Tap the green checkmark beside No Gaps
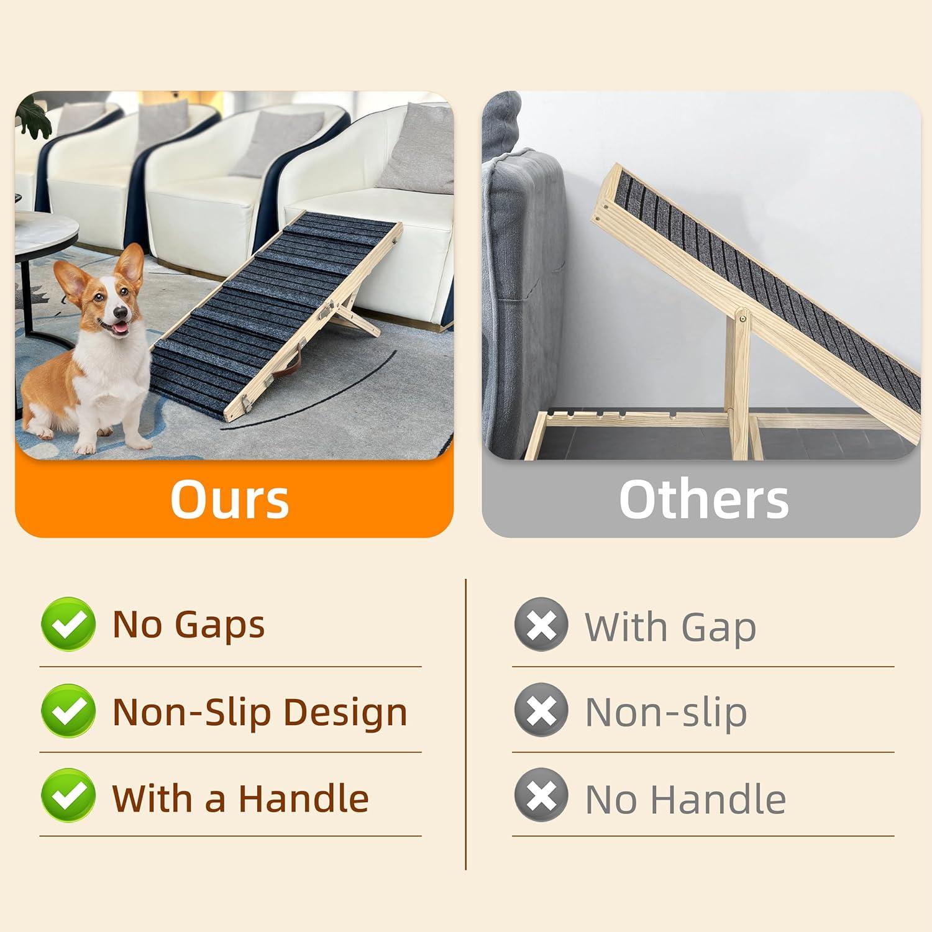68,624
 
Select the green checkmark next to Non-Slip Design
68,711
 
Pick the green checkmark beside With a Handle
68,796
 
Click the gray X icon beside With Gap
541,624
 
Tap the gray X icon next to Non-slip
541,710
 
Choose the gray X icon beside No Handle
541,795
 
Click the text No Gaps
189,624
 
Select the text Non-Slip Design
260,711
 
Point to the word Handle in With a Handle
303,798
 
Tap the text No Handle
685,799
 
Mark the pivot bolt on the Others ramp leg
741,319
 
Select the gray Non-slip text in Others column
665,712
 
